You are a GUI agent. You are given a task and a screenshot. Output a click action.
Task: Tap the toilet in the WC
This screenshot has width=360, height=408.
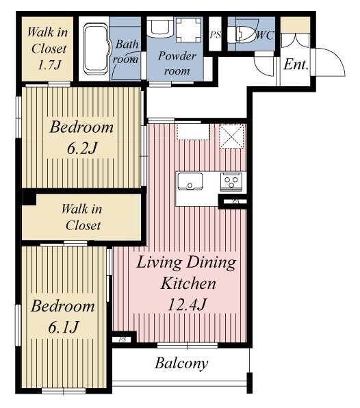(242, 35)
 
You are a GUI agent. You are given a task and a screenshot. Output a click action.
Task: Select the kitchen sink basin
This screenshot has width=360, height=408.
(190, 181)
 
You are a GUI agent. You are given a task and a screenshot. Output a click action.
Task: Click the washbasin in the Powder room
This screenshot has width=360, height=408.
(159, 27)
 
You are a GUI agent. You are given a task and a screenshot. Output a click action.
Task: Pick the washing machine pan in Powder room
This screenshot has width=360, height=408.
(189, 29)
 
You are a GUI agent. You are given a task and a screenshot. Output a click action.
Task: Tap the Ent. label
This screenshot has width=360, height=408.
(296, 64)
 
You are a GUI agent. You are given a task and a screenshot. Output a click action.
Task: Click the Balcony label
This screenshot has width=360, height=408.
(181, 364)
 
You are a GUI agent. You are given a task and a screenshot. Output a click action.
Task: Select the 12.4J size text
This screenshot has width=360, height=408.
(188, 305)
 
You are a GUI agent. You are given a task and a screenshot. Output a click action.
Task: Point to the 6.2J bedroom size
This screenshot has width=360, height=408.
(82, 149)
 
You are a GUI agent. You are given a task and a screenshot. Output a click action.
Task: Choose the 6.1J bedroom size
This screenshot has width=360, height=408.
(64, 327)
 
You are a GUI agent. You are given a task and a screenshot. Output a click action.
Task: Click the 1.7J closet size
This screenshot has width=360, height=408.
(49, 65)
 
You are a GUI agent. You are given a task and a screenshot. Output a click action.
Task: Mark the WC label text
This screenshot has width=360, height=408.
(266, 35)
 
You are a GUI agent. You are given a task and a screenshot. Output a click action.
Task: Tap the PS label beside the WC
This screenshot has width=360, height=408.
(215, 35)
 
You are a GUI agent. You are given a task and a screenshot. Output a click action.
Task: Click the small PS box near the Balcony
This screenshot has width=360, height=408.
(123, 340)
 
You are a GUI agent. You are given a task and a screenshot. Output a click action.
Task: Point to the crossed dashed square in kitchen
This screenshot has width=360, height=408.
(231, 136)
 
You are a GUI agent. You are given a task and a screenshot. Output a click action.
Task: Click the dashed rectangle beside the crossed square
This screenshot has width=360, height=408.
(193, 132)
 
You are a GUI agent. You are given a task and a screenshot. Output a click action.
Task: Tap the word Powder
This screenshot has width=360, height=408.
(177, 56)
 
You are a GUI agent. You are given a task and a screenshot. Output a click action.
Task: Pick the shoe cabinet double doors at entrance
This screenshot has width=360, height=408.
(296, 40)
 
